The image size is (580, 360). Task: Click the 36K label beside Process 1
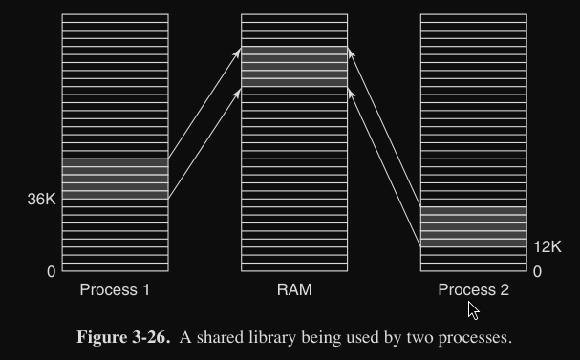41,199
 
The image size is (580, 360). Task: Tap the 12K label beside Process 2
548,246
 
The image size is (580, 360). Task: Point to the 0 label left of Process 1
52,271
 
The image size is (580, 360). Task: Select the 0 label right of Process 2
537,271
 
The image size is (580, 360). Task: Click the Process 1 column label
115,289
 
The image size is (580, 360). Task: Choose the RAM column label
294,289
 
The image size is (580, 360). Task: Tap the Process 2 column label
474,289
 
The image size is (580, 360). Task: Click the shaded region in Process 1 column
115,179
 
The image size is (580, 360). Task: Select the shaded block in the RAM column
294,67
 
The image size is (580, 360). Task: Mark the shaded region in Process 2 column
474,226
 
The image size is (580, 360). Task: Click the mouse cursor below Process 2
473,310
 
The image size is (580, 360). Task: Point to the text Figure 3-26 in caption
123,337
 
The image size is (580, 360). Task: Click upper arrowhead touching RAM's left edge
237,53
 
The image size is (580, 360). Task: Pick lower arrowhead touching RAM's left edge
237,94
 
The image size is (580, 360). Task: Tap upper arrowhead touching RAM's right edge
352,53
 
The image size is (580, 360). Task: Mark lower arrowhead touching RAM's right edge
352,94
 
